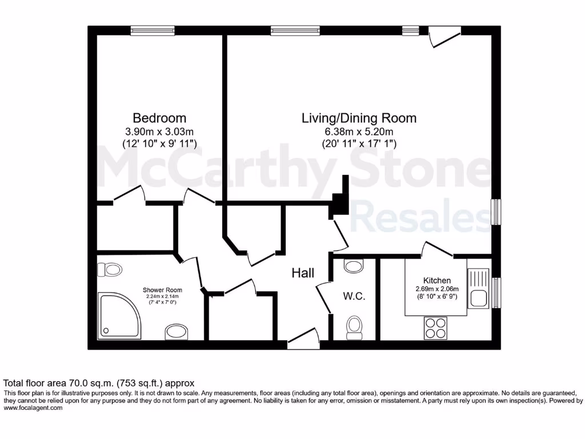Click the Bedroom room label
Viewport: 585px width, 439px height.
click(159, 118)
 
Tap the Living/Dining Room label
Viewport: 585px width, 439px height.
click(359, 118)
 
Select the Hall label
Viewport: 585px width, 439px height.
click(303, 273)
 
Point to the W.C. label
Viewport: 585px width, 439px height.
click(354, 297)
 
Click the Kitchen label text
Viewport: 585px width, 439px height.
click(436, 281)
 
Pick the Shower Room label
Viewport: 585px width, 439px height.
click(162, 290)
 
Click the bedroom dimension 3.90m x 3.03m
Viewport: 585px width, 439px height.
click(159, 131)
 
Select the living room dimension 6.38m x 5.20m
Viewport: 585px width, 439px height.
click(359, 131)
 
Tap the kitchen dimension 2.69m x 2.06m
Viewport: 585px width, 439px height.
click(436, 289)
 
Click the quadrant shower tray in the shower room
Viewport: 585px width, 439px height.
click(117, 314)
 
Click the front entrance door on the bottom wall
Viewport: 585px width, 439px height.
click(303, 341)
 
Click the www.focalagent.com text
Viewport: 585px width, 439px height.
click(33, 408)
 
